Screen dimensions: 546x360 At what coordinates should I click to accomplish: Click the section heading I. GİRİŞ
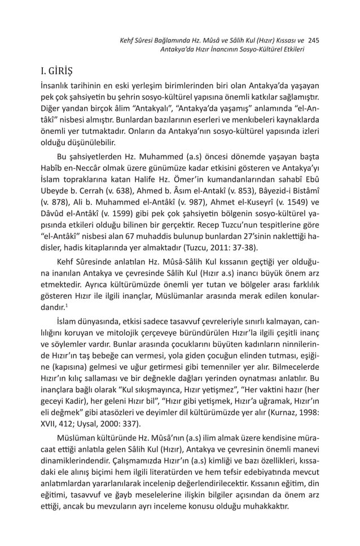(x=56, y=72)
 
